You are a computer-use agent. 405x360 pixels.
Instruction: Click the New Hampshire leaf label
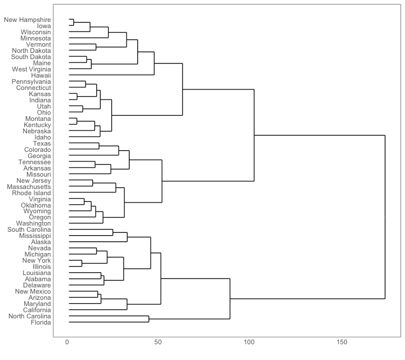pos(28,20)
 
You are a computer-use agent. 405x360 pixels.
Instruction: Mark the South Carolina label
pos(29,229)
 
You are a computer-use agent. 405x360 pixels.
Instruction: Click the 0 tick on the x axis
pos(67,342)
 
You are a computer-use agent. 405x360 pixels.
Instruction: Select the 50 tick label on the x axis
pos(159,342)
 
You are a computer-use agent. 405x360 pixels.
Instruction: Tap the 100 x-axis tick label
pos(250,342)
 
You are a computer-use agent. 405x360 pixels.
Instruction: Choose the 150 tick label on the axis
pos(341,342)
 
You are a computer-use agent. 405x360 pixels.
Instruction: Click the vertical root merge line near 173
pos(385,217)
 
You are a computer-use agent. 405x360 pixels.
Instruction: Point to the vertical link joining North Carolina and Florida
pos(149,319)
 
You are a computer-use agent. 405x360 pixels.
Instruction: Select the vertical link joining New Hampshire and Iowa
pos(74,22)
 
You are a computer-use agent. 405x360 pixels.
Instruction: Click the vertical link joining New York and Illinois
pos(82,263)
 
